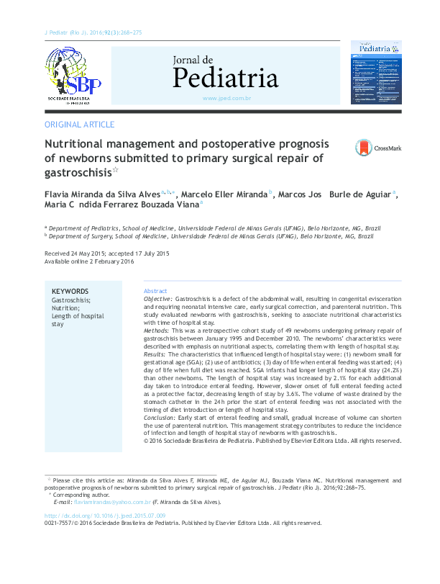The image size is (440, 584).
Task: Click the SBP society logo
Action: [x=73, y=75]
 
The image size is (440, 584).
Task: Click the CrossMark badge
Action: [x=378, y=148]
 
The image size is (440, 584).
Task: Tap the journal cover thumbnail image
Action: [x=375, y=73]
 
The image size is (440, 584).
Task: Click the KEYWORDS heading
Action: [x=70, y=291]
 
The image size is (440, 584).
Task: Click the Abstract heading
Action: [x=155, y=290]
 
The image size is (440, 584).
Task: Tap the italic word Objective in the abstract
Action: [x=157, y=298]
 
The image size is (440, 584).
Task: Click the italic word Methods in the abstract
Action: [x=157, y=330]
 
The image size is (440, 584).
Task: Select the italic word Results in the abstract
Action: [x=155, y=354]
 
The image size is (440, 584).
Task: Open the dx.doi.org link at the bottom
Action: [x=105, y=516]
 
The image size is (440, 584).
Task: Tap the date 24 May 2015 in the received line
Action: [x=90, y=253]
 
